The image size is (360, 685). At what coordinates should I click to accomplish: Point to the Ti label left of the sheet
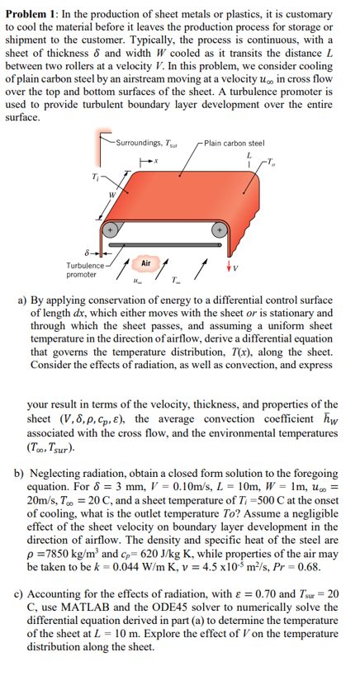(95, 175)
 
